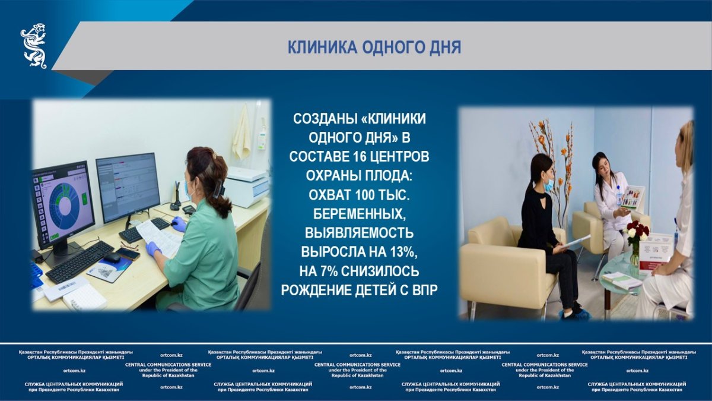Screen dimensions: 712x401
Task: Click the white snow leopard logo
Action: pos(34,46)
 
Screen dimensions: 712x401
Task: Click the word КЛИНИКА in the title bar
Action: pos(322,48)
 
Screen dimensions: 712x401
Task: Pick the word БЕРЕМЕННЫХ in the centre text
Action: pos(360,214)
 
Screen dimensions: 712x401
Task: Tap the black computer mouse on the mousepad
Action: pos(112,258)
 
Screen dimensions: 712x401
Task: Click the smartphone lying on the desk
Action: pos(128,254)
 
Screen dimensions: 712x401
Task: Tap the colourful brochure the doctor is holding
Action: pos(633,197)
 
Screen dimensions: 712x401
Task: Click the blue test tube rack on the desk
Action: pos(36,273)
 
